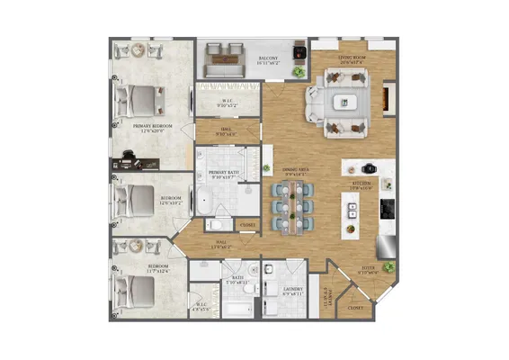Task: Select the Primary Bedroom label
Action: pyautogui.click(x=140, y=128)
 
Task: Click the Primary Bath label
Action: pyautogui.click(x=223, y=175)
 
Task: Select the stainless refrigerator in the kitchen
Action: pyautogui.click(x=387, y=242)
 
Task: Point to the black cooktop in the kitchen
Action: pyautogui.click(x=387, y=209)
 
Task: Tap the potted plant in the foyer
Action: pyautogui.click(x=388, y=267)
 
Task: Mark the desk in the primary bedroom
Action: pyautogui.click(x=135, y=163)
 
